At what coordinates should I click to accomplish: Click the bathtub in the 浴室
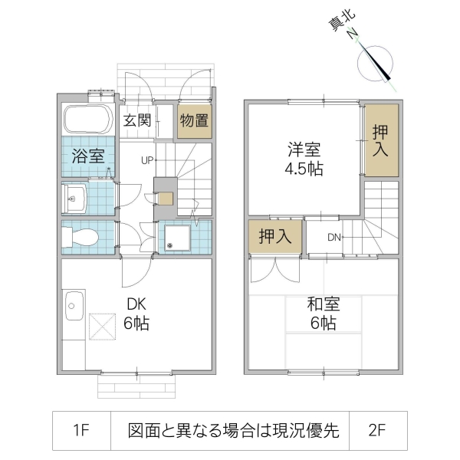87,120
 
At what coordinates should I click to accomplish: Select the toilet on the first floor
79,238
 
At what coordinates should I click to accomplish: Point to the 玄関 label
138,121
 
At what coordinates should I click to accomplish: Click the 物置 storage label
193,121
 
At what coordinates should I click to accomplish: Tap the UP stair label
147,160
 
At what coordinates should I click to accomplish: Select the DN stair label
334,237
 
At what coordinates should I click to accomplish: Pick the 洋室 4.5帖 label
304,159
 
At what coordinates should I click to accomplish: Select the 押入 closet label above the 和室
275,237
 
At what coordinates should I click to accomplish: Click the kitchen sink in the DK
74,308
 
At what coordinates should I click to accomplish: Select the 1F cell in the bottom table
82,431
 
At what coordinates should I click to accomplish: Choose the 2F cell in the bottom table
376,431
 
